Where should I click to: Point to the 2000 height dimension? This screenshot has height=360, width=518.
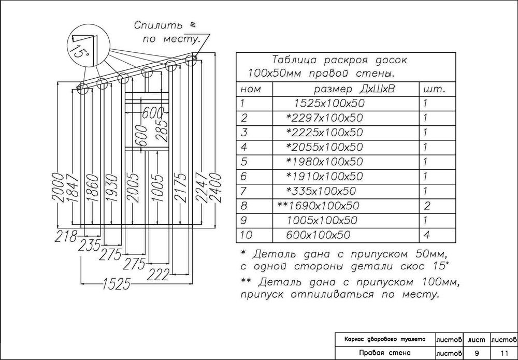pos(61,188)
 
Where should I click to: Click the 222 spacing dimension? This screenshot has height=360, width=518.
pos(159,273)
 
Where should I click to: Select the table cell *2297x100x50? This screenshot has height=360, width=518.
pos(325,118)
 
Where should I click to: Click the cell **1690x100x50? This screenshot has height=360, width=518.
pos(318,206)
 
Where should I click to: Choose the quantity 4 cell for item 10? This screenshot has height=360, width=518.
pos(426,235)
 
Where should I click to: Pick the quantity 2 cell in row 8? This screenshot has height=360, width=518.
pos(426,206)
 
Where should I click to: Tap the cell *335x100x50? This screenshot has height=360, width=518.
pos(321,191)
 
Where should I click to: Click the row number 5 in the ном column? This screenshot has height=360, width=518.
pos(242,162)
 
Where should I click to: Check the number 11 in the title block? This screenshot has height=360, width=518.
pos(503,353)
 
